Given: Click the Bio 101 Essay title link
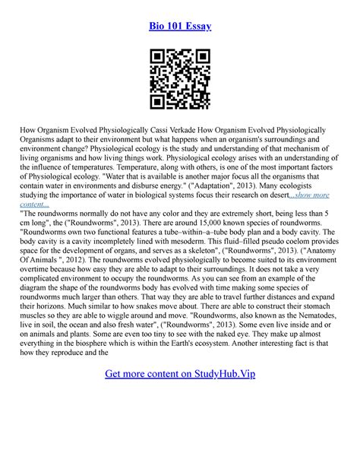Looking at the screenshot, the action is (x=180, y=26).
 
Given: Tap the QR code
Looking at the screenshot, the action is (x=180, y=79).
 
